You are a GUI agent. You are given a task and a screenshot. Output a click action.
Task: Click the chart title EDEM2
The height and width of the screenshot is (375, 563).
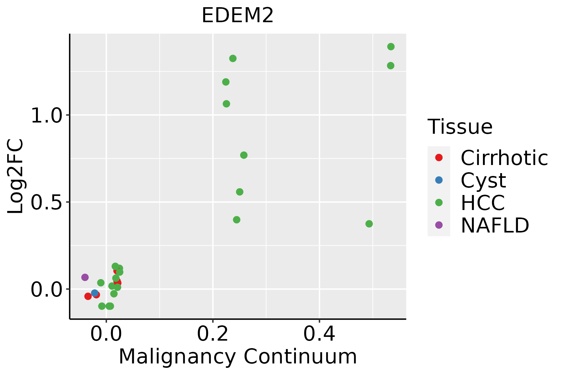tap(238, 16)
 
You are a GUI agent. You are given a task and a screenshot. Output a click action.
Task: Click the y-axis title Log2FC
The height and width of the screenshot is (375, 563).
tap(16, 177)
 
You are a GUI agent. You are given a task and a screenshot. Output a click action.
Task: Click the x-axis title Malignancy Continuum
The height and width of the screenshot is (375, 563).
tap(238, 357)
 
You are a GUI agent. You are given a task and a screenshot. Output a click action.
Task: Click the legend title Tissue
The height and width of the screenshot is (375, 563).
tap(460, 127)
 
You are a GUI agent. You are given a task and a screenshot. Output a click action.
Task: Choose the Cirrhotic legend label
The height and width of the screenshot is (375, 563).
tap(504, 158)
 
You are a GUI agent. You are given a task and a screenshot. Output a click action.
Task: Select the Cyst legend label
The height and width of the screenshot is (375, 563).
tap(483, 180)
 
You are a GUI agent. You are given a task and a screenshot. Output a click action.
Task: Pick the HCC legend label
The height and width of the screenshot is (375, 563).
tap(483, 203)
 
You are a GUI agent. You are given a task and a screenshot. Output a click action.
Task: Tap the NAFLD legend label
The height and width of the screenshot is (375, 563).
tap(495, 225)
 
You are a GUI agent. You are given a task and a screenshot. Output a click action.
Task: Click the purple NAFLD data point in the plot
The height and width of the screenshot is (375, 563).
tap(85, 277)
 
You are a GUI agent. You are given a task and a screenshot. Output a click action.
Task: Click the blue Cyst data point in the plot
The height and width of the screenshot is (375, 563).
tap(95, 293)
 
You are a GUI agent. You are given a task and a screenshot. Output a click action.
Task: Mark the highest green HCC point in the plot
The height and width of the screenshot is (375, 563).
tap(391, 47)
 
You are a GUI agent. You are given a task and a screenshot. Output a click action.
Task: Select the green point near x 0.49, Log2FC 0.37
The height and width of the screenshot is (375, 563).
tap(369, 224)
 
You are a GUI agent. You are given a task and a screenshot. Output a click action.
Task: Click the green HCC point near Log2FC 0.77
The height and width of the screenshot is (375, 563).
tap(244, 155)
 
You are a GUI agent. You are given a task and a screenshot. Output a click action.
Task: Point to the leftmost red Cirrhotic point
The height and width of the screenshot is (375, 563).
tap(88, 296)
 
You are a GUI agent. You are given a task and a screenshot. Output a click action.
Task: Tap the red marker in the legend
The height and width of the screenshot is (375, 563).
tap(439, 157)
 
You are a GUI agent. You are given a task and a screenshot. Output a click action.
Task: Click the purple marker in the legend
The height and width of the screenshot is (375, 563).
tap(439, 225)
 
